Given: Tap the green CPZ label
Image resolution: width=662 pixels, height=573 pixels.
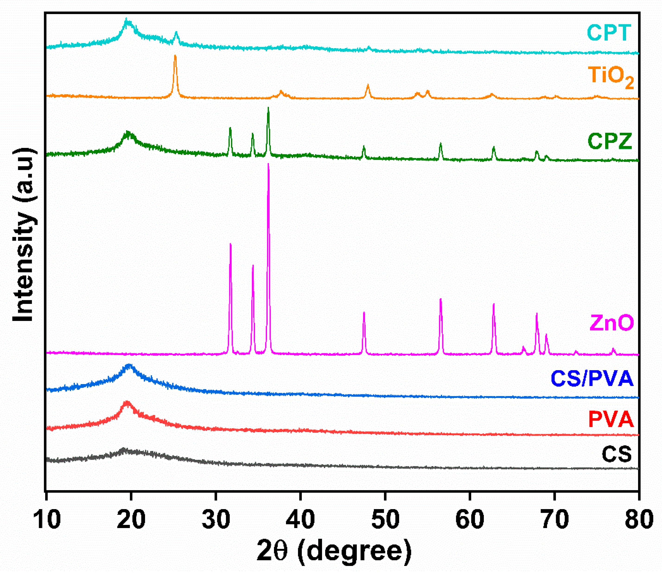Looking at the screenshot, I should (610, 141).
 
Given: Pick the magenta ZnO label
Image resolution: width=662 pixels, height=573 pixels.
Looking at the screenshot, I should (612, 323).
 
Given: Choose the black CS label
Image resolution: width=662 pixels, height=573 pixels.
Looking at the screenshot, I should (617, 454).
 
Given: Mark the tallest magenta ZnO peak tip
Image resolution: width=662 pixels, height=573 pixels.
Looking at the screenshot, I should (268, 164).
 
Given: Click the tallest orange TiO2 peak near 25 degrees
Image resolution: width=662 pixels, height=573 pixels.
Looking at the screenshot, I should (175, 56).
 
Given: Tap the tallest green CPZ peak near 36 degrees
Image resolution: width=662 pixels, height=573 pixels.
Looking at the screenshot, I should (268, 108).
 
